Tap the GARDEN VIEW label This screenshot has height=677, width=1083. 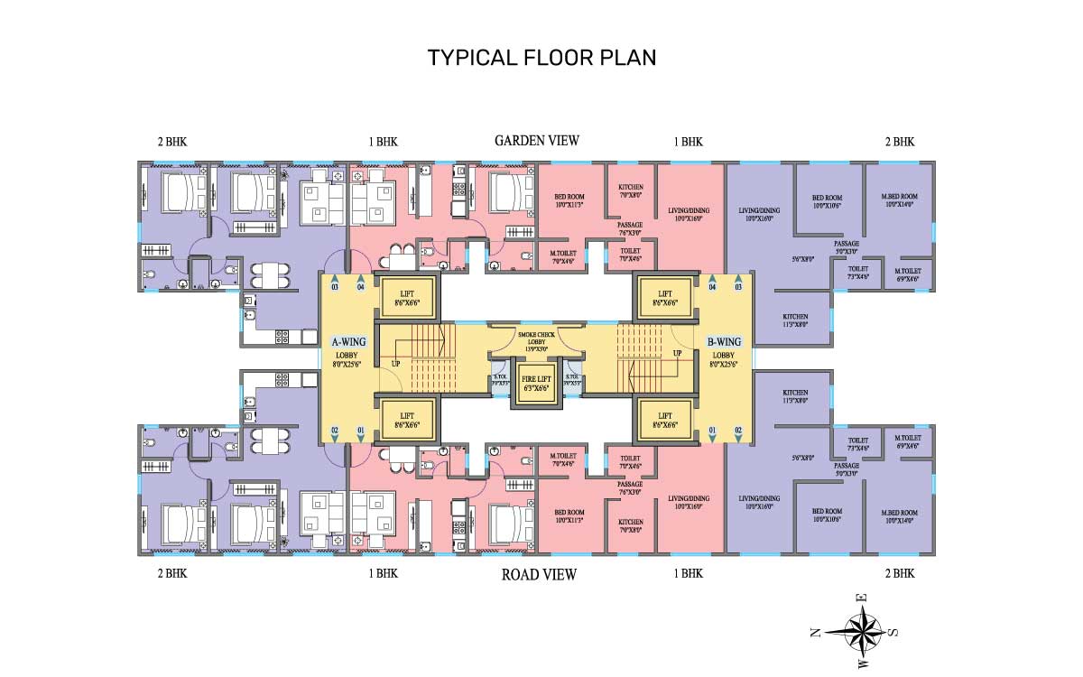pos(536,140)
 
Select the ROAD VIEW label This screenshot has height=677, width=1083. pos(538,574)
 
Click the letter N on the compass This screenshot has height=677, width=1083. pos(815,633)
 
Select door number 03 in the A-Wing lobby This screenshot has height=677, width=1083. pos(334,287)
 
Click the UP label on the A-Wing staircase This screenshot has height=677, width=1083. pos(394,364)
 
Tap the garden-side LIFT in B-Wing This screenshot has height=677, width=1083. pos(665,299)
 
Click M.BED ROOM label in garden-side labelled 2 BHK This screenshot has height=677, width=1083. pos(901,200)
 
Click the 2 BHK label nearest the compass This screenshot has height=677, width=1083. pos(899,574)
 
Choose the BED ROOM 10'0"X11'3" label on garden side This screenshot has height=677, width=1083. pos(569,200)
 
